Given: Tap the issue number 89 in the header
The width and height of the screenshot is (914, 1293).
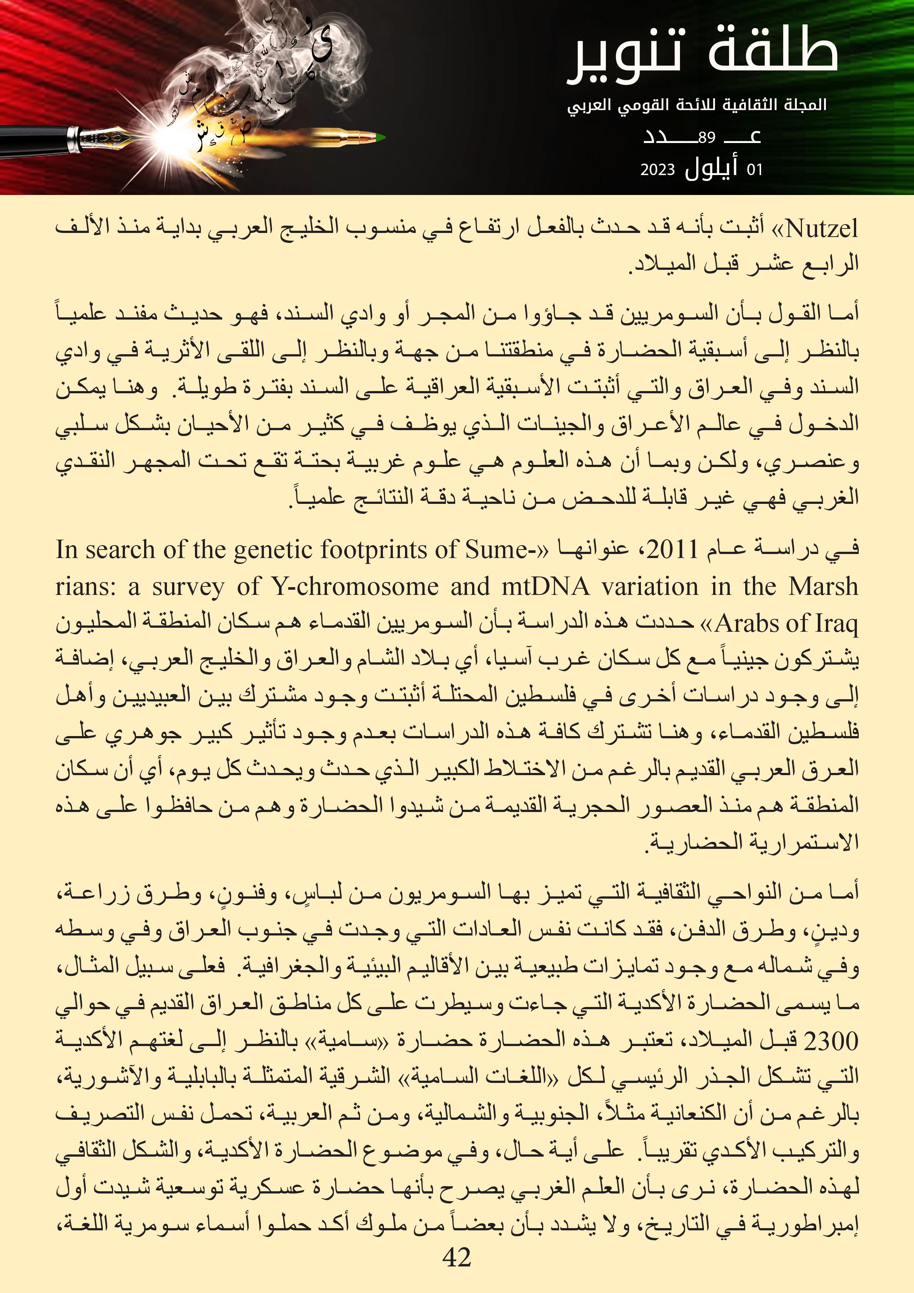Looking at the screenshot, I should pos(706,137).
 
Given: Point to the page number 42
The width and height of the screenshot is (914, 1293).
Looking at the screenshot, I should pos(457,1257).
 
